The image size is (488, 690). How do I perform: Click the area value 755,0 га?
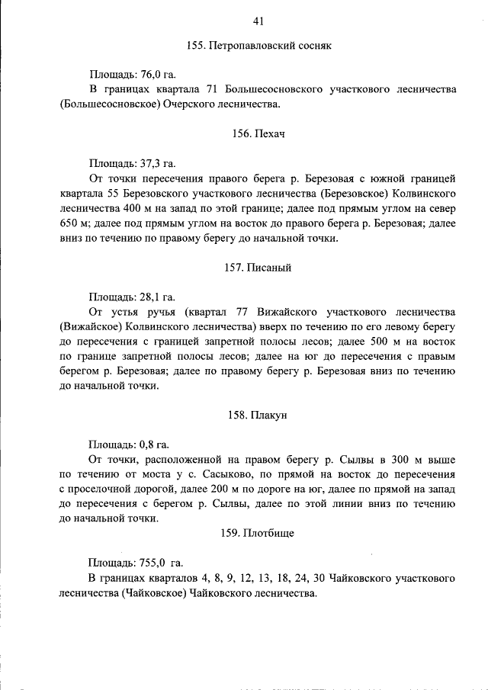click(x=161, y=563)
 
